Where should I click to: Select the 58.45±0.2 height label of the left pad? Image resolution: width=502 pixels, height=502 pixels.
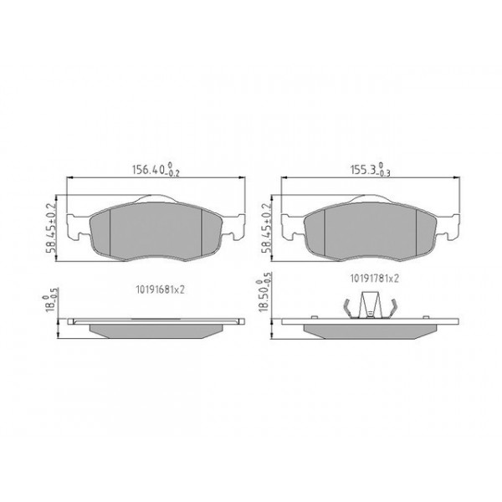pyautogui.click(x=51, y=228)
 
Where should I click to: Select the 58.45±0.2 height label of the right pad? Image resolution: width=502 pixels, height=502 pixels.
pyautogui.click(x=268, y=228)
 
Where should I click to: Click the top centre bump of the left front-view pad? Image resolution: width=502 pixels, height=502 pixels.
pyautogui.click(x=157, y=197)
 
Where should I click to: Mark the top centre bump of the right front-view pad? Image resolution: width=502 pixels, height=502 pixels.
pyautogui.click(x=371, y=197)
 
